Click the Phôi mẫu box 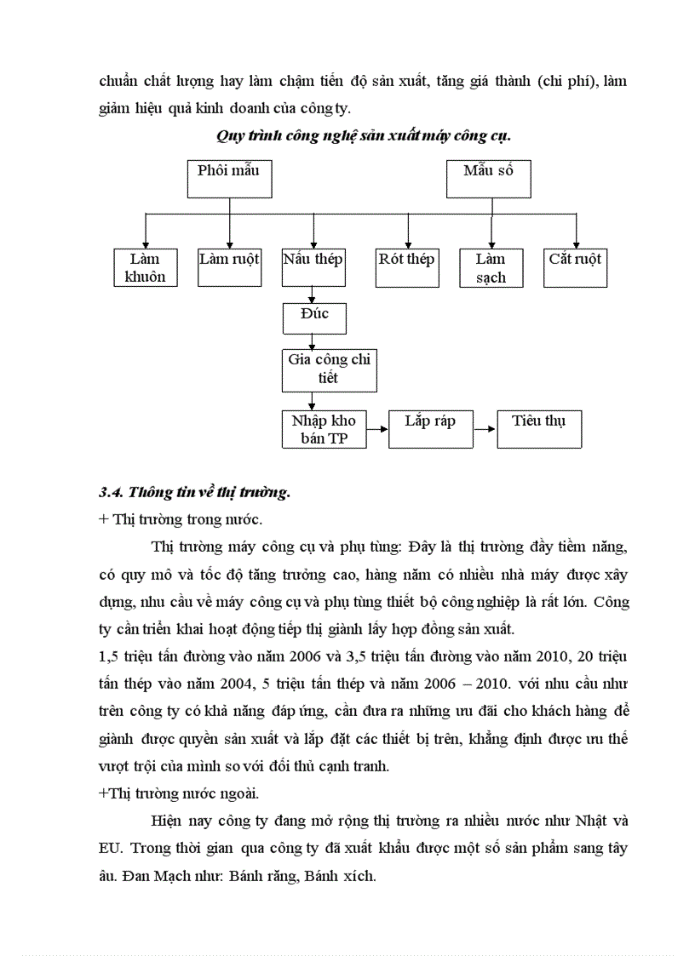(x=228, y=179)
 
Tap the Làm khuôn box (x=146, y=267)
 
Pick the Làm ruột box (x=229, y=267)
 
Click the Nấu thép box (x=313, y=267)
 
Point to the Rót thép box (x=406, y=267)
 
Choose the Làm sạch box (x=491, y=267)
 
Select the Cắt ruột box (x=575, y=267)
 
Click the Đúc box (x=314, y=318)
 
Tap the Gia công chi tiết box (x=329, y=369)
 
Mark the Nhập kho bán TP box (x=324, y=430)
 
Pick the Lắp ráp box (x=429, y=430)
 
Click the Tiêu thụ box (x=539, y=430)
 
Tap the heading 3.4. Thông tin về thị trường (x=195, y=491)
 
